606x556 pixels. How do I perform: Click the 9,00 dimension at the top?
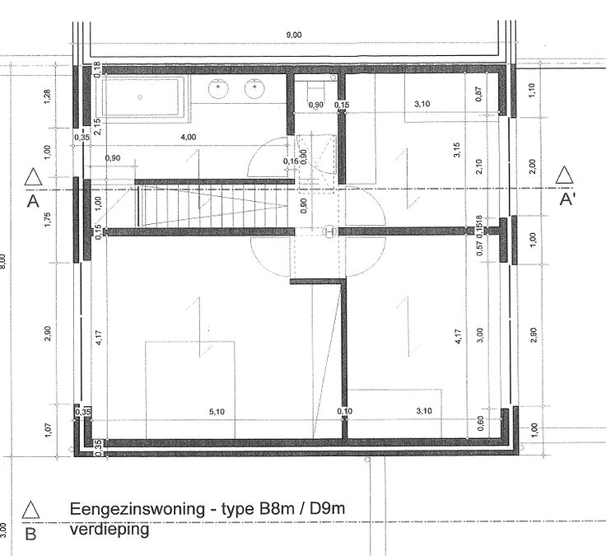click(x=294, y=34)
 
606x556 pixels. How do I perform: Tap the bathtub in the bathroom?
click(x=144, y=98)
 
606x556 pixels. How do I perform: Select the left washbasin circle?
click(x=219, y=86)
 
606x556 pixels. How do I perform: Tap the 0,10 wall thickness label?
click(x=344, y=411)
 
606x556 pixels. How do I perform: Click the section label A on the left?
click(x=32, y=200)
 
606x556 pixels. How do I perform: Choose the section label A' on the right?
click(x=566, y=200)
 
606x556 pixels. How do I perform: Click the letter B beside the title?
click(x=31, y=535)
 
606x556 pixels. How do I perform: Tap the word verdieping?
click(x=110, y=530)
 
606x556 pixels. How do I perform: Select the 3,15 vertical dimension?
click(x=456, y=151)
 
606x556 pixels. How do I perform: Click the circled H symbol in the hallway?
click(x=331, y=231)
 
